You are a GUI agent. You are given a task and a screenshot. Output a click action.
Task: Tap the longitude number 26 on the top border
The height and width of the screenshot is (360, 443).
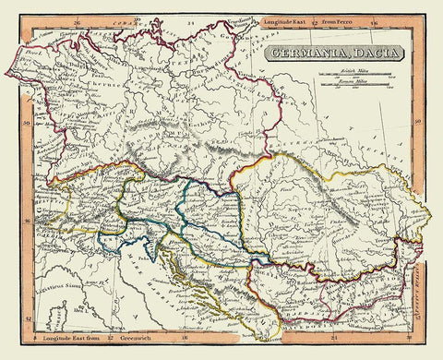134,18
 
